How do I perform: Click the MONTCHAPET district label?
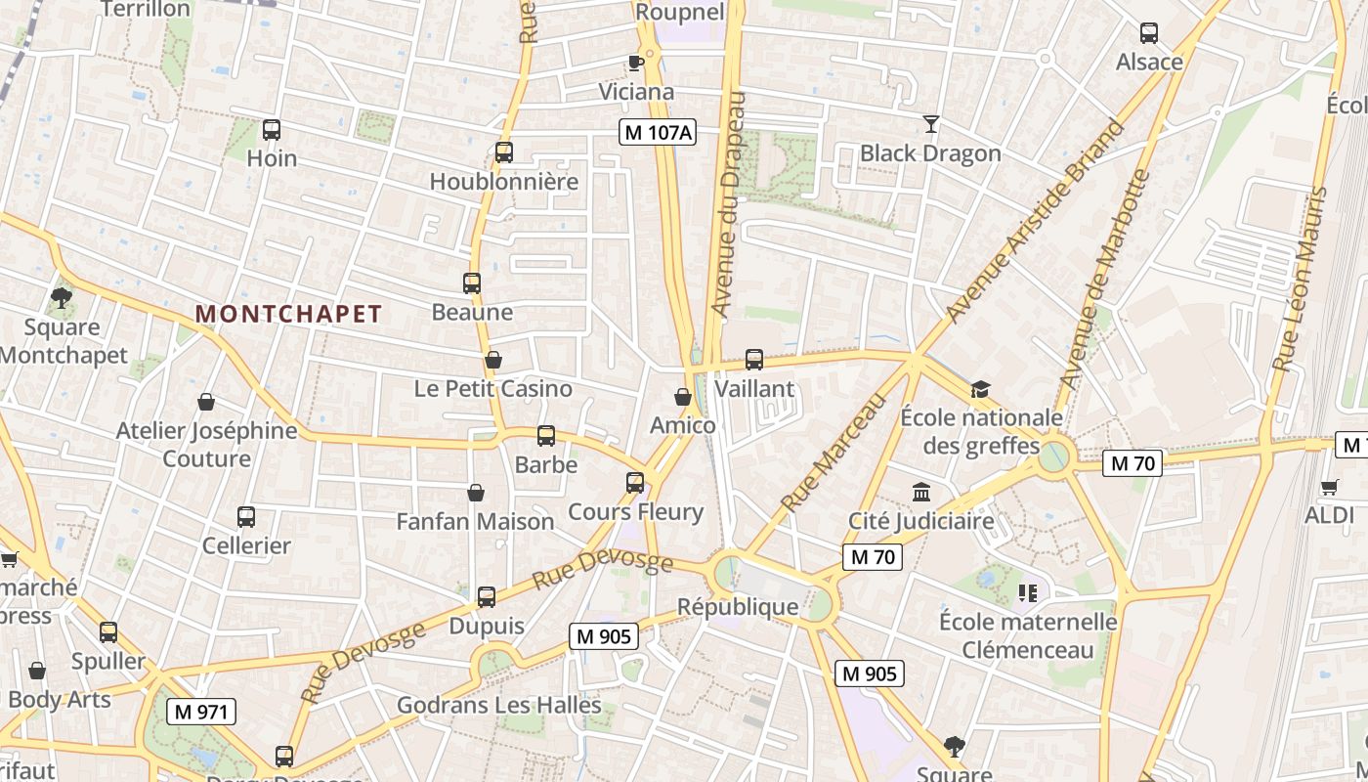[288, 314]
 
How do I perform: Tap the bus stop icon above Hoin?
[272, 129]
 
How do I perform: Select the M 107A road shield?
[659, 132]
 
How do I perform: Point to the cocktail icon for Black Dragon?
[930, 124]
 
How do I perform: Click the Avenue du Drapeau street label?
[729, 203]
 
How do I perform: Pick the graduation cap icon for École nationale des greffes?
[980, 390]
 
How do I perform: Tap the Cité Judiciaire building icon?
[921, 492]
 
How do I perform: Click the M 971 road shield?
[201, 712]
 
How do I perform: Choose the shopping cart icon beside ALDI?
[1329, 487]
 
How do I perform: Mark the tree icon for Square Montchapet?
[63, 297]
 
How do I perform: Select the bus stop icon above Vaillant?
[753, 360]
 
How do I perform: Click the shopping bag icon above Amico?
[683, 397]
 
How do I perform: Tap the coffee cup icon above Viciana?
[636, 64]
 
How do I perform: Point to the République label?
[738, 607]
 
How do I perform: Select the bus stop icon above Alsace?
[1149, 33]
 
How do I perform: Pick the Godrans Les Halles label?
[499, 705]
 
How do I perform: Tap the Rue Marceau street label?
[834, 453]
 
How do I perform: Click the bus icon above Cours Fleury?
[635, 483]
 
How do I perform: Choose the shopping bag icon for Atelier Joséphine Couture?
[206, 402]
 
